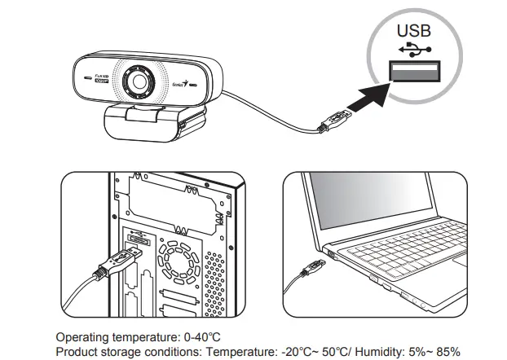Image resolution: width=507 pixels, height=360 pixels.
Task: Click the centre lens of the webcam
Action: coord(139,82)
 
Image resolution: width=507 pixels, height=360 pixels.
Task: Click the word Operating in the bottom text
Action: coord(82,335)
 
